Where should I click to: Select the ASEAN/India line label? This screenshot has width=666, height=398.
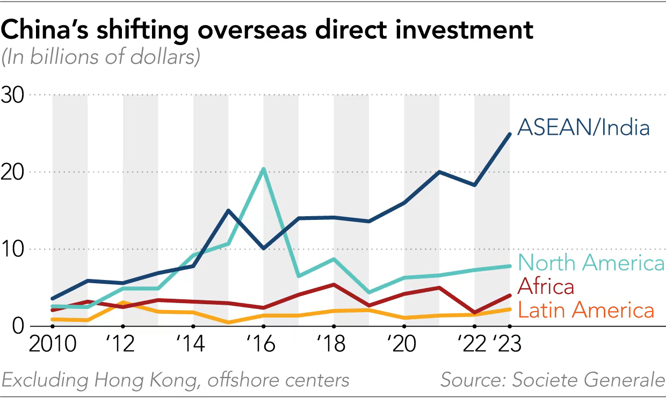click(583, 128)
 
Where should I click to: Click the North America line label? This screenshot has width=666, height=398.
click(591, 263)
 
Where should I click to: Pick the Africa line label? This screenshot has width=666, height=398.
click(546, 286)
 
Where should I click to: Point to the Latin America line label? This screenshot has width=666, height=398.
click(586, 310)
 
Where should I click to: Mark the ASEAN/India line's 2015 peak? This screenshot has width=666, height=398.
click(228, 210)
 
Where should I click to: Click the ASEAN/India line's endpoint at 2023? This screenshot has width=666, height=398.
click(509, 134)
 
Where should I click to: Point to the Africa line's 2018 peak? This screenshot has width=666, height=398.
click(334, 284)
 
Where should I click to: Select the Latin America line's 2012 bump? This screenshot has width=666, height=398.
click(123, 303)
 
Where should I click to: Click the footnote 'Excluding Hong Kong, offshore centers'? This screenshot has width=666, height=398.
click(175, 380)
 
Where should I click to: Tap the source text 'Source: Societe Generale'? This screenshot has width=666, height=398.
click(552, 380)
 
